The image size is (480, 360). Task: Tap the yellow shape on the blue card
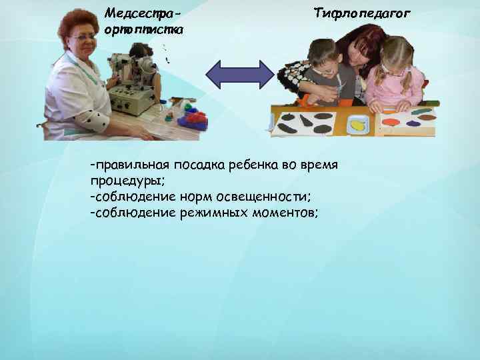coord(359,125)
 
